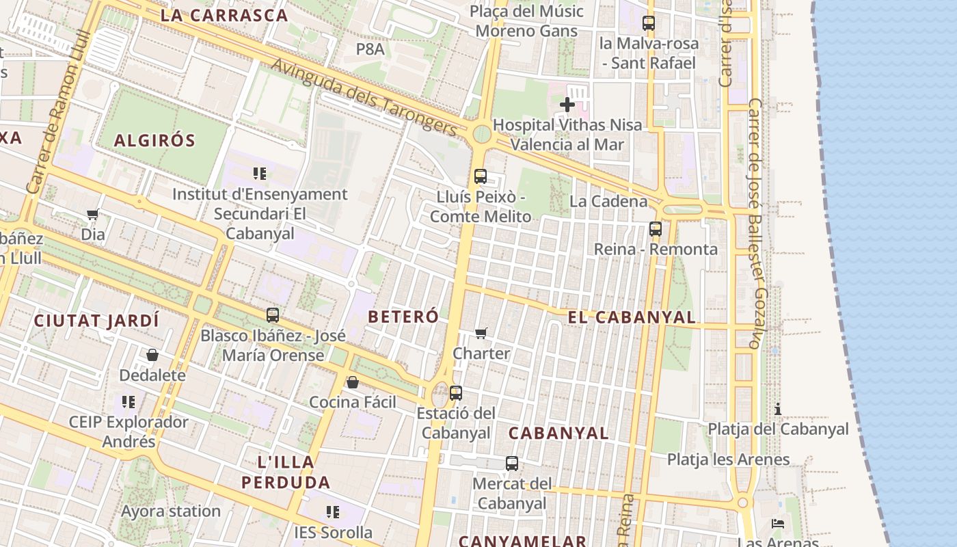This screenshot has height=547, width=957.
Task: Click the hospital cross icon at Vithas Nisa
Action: [x=567, y=105]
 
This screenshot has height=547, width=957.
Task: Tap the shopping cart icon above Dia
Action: [x=93, y=215]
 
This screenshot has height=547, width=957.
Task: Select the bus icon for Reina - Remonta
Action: [x=656, y=229]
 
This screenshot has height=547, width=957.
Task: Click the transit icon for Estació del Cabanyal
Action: [x=456, y=393]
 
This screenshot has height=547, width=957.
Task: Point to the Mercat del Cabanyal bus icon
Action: [x=512, y=464]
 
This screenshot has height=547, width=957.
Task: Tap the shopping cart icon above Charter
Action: [x=481, y=334]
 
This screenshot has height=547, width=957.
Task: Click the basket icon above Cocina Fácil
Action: [x=353, y=382]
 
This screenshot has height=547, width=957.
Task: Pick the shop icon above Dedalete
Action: [x=152, y=355]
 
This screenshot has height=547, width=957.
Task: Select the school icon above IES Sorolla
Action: [x=333, y=512]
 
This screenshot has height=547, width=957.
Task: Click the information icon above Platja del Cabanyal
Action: [x=778, y=409]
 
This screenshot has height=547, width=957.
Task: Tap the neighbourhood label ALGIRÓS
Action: [x=154, y=141]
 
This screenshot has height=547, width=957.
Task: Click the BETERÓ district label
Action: [x=403, y=317]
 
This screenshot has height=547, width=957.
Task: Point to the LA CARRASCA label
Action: [x=224, y=15]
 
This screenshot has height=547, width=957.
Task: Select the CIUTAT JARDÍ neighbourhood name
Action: [x=96, y=320]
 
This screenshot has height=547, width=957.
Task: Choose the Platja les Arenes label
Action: [x=728, y=459]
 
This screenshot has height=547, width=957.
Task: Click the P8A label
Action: [x=370, y=49]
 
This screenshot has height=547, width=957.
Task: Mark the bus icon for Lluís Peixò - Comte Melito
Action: [x=481, y=176]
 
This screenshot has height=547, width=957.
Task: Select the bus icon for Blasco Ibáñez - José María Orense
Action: [x=273, y=315]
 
